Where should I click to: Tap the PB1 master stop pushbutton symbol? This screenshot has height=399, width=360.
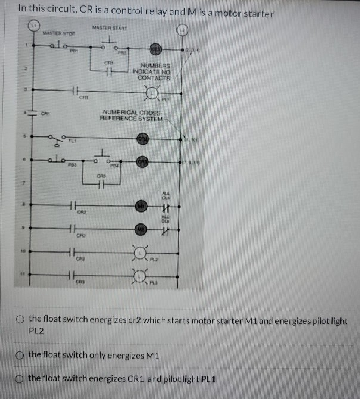(x=58, y=46)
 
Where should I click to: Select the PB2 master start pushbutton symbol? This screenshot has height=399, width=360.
(x=109, y=45)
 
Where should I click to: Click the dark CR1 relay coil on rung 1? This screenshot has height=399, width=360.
(x=156, y=48)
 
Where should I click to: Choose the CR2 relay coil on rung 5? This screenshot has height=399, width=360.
(x=142, y=139)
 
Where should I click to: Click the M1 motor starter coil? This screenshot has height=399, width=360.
(x=142, y=206)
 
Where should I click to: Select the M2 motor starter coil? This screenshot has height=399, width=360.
(x=142, y=229)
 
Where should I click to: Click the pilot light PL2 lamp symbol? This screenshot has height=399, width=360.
(x=141, y=253)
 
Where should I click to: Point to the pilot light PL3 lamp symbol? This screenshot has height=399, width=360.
(x=141, y=275)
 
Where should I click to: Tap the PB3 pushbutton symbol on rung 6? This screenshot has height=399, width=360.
(x=59, y=160)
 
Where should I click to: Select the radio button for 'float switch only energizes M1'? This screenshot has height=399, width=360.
(x=20, y=355)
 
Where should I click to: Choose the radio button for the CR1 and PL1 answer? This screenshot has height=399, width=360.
(x=20, y=379)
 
